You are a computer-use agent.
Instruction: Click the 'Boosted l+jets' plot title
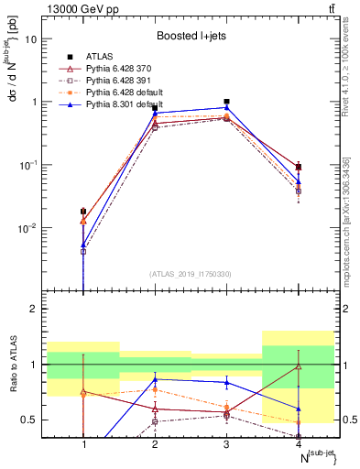tap(191, 36)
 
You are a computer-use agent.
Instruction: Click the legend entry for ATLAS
tap(100, 56)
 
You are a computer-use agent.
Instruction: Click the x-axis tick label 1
tap(84, 444)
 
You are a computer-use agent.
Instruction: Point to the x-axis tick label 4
tap(298, 444)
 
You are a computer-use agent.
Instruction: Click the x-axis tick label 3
tap(226, 444)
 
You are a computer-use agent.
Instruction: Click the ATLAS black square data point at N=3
tap(226, 102)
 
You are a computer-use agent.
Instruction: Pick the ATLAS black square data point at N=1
tap(84, 212)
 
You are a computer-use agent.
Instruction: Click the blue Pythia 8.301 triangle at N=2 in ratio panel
tap(155, 378)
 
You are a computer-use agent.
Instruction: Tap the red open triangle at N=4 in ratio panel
tap(298, 366)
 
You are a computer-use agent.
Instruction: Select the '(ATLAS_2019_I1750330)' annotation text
tap(191, 273)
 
